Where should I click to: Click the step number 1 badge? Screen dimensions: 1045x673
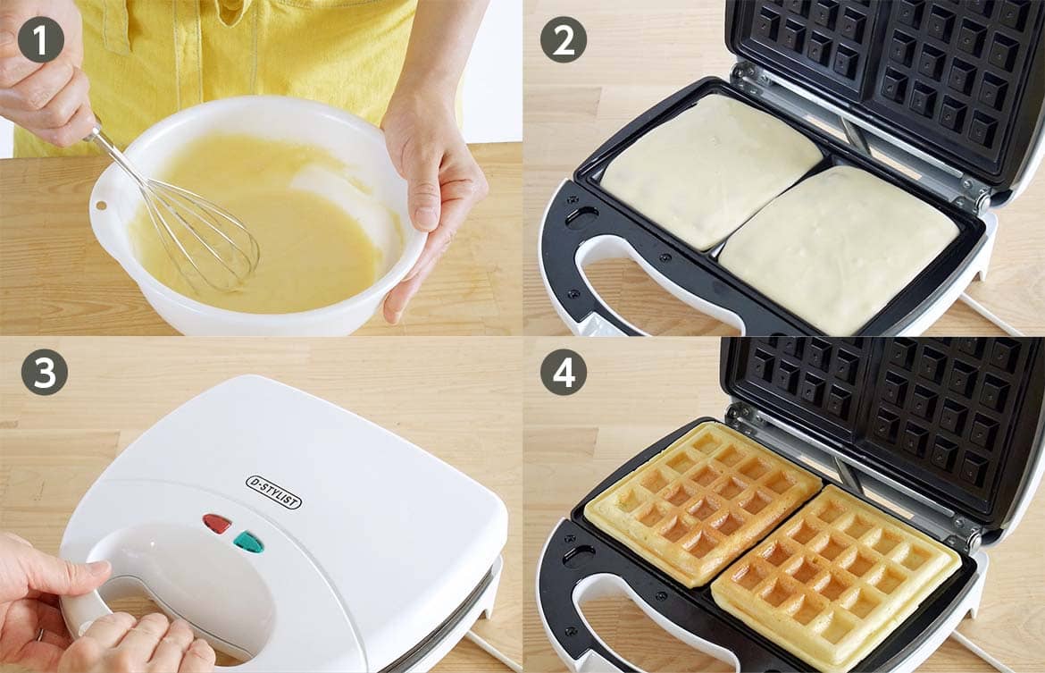(x=41, y=39)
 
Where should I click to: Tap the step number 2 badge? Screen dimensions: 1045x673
(x=564, y=39)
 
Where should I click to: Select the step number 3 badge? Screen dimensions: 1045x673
(x=44, y=372)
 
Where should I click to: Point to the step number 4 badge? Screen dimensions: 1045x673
(x=564, y=372)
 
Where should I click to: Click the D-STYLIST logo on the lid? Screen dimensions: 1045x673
(x=274, y=492)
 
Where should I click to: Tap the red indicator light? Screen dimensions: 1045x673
(x=217, y=523)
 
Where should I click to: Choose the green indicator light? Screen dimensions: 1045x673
(x=248, y=542)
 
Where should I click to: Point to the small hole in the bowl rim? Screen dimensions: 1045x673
(x=101, y=205)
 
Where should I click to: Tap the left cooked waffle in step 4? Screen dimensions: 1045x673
(x=702, y=501)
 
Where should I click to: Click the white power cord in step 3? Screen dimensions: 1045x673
(x=492, y=652)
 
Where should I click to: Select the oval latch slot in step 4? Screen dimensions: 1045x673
(x=580, y=555)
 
